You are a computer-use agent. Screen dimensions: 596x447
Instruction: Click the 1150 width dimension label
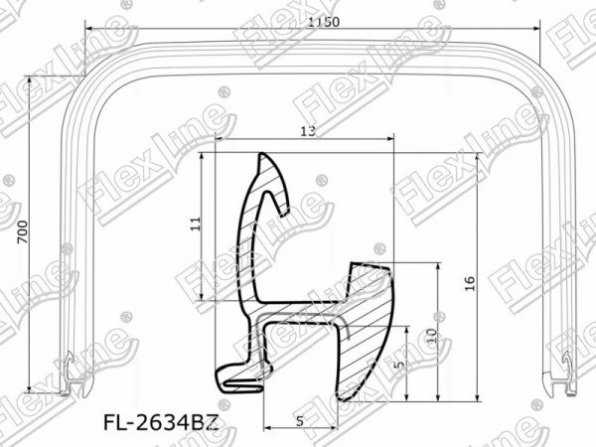point(324,22)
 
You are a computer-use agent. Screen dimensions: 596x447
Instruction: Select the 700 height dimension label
point(23,231)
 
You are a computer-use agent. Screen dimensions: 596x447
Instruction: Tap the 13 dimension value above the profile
point(308,131)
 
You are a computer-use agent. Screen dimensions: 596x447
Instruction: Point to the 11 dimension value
point(196,223)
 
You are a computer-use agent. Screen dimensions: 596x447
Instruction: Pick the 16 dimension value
point(471,283)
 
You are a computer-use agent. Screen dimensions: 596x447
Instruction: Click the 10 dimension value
point(432,336)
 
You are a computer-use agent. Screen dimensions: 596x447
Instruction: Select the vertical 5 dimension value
point(399,366)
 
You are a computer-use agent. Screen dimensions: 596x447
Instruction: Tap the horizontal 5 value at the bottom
point(300,421)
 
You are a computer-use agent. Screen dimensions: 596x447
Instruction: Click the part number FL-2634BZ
point(161,423)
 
